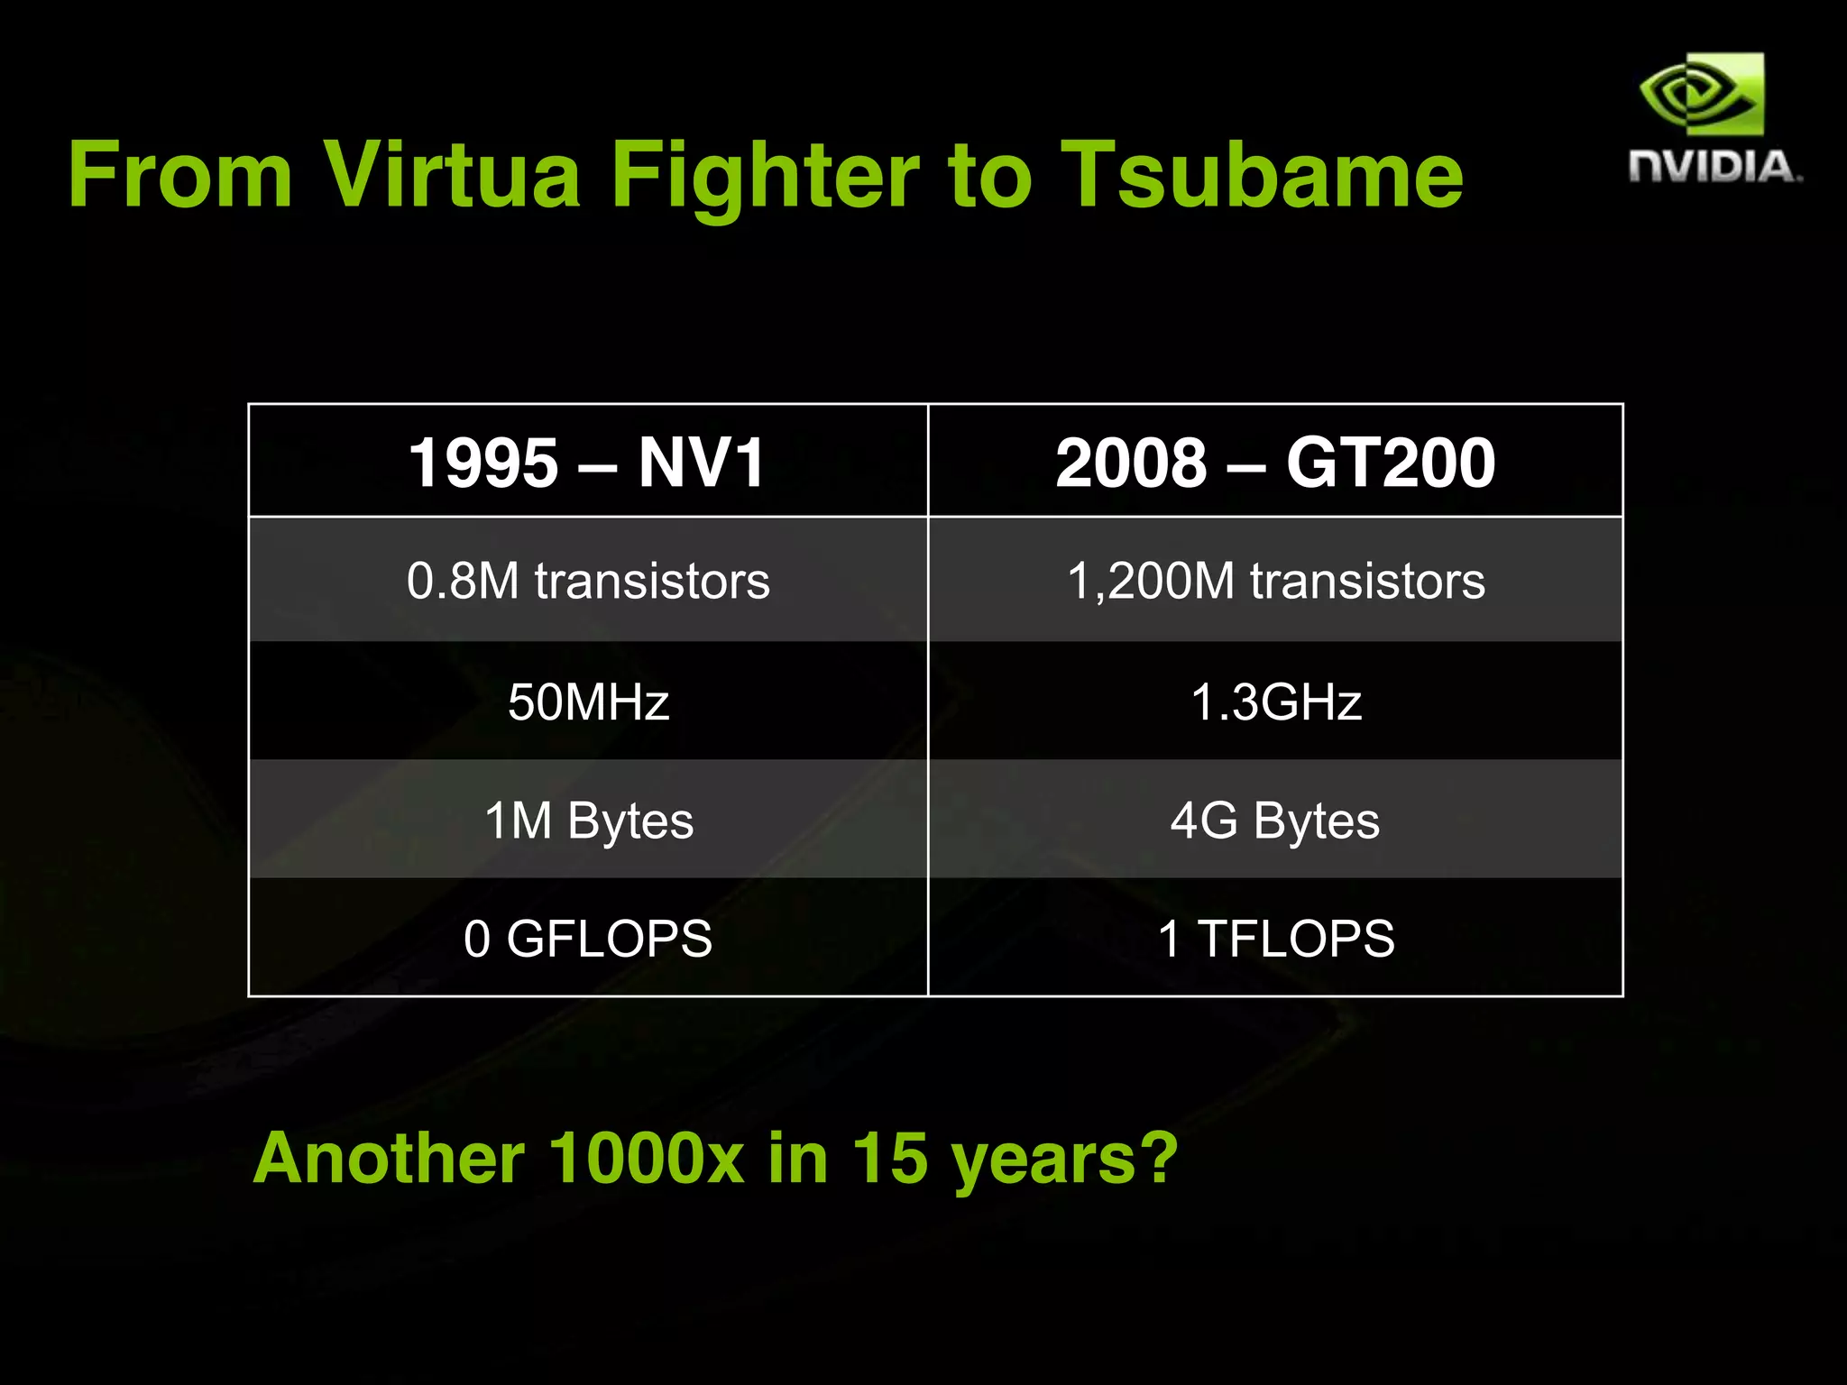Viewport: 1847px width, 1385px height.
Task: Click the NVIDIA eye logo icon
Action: (1702, 95)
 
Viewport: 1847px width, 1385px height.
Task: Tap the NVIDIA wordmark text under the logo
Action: (1714, 168)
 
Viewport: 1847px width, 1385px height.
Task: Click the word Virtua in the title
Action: (451, 175)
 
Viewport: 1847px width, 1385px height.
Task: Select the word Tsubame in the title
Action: (1261, 175)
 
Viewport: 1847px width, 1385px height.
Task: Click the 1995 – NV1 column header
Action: (587, 463)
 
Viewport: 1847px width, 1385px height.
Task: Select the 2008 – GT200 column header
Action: (1275, 463)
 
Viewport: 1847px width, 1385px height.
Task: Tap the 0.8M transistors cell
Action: (588, 581)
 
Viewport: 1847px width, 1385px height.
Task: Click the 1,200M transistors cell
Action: (1275, 581)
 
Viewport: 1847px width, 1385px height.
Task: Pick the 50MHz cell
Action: (588, 702)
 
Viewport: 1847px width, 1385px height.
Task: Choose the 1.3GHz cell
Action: (1275, 702)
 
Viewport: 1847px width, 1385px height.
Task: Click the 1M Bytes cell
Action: (588, 821)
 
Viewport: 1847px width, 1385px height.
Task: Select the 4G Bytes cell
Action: (1275, 821)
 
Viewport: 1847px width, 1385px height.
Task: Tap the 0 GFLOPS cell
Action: (588, 939)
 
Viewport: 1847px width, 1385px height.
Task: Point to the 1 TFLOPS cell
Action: (1275, 939)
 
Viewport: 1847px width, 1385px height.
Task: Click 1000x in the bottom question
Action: (646, 1158)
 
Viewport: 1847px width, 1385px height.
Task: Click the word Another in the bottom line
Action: (389, 1158)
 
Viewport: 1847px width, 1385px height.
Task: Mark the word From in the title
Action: (180, 175)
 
